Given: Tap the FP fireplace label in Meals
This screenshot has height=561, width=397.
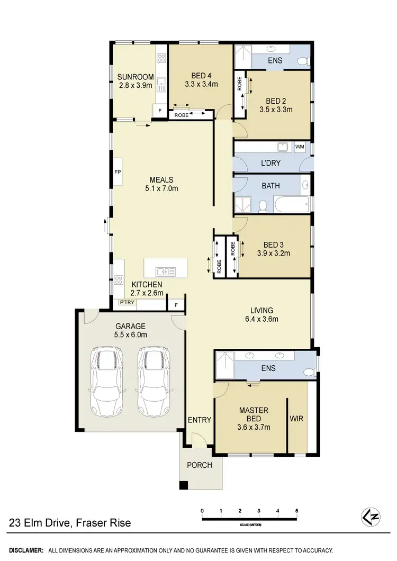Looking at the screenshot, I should coord(118,173).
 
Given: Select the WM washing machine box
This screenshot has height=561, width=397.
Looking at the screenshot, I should coord(300,147).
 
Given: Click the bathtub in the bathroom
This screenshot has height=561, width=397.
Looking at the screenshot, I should coord(291,204).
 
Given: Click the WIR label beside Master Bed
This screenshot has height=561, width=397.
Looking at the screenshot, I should coord(297,419).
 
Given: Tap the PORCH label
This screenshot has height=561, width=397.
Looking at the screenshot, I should coord(199,465).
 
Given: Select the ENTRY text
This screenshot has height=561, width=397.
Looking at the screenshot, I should coord(200,420).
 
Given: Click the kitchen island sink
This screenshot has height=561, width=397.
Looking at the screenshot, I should coord(166,272).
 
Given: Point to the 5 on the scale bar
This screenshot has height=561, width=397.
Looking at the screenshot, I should coord(297,511).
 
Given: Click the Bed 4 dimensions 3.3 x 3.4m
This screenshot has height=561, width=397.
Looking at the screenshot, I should coord(201,84).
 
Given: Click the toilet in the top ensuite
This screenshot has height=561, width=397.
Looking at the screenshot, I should coord(303,60).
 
